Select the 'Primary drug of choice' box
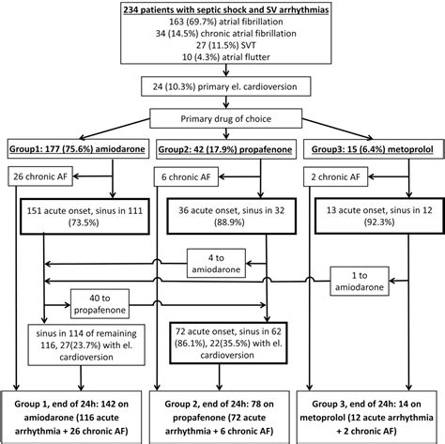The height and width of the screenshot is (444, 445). tap(222, 119)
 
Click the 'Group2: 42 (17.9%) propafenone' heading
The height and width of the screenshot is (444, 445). tap(225, 149)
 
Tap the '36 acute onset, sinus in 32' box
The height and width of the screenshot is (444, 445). tap(226, 218)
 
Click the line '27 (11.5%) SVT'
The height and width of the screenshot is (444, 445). tap(222, 42)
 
